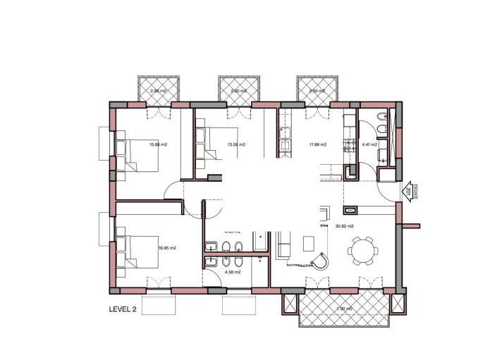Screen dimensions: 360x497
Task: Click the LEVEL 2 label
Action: pos(123,309)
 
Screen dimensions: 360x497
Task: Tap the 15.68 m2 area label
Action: pos(157,145)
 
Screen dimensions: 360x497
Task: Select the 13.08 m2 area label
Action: pos(236,145)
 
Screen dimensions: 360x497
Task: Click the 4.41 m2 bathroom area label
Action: pos(369,145)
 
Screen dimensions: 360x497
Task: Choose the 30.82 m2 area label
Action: pos(344,226)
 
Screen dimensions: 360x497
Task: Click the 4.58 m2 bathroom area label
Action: pos(233,271)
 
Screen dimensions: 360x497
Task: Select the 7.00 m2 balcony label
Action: pos(344,309)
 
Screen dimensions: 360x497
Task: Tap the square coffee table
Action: pos(309,242)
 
